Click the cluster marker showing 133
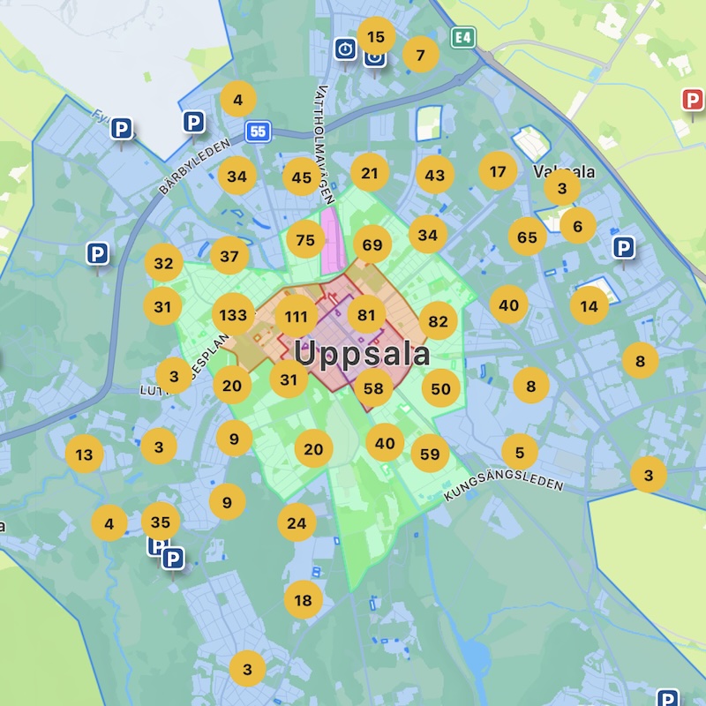coord(234,315)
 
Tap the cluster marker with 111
coord(297,317)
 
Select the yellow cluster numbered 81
coord(366,315)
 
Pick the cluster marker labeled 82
coord(438,321)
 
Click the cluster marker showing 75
coord(305,240)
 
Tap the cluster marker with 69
coord(372,244)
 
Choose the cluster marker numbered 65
coord(528,237)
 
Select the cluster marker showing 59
coord(430,454)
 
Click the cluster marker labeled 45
coord(302,177)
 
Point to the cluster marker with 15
coord(376,37)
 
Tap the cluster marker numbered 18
coord(303,601)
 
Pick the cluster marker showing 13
coord(84,455)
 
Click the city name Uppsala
coord(362,355)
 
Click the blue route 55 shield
coord(258,131)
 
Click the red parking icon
coord(694,100)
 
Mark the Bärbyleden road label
coord(194,166)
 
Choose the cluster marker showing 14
coord(590,306)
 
